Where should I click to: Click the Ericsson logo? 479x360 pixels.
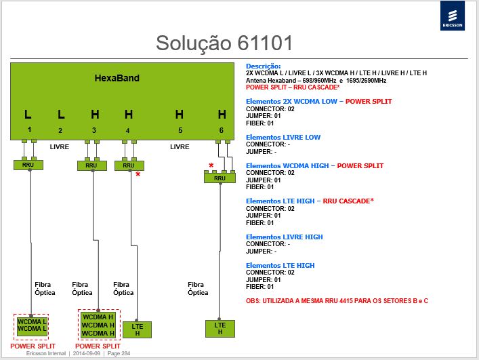[453, 16]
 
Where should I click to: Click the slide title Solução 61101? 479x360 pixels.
[224, 43]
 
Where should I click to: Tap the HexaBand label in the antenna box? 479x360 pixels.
[117, 78]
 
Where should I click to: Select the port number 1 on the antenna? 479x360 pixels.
[29, 129]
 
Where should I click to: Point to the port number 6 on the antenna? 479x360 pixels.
[221, 130]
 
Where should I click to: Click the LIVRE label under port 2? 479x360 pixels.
[59, 147]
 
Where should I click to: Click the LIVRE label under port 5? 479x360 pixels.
[180, 147]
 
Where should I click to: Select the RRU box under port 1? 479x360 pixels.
[28, 165]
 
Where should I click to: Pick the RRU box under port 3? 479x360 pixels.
[92, 165]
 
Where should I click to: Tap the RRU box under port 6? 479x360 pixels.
[220, 178]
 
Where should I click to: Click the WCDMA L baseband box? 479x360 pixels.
[32, 326]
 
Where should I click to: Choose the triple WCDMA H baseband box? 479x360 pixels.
[98, 325]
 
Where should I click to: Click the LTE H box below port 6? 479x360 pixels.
[220, 329]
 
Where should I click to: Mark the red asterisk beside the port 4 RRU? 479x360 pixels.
[138, 174]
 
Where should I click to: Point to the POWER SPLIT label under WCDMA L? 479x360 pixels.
[33, 346]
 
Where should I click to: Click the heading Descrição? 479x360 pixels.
[264, 66]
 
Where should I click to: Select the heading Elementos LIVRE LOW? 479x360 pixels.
[283, 137]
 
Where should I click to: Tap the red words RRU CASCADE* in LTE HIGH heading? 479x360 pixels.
[348, 201]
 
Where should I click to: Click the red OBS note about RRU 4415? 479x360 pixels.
[337, 301]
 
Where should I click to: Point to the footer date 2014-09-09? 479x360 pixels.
[87, 353]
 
